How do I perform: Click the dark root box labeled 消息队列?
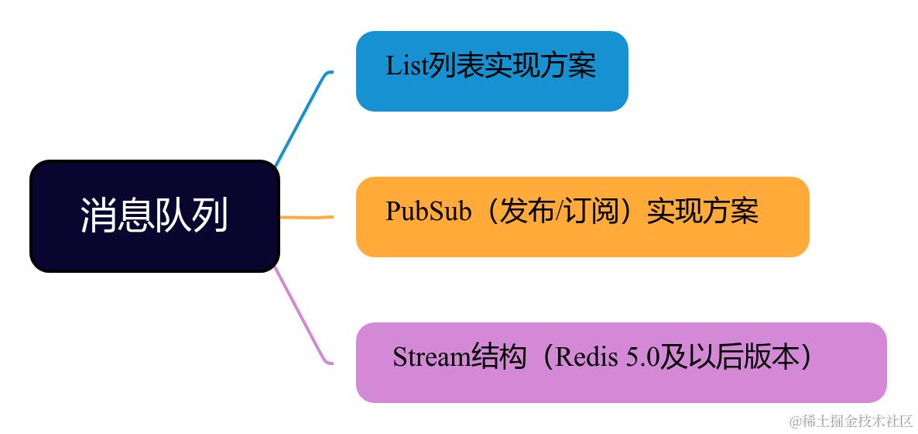(x=154, y=216)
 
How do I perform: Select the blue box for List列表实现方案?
(x=492, y=71)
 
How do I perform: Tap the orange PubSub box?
(x=582, y=217)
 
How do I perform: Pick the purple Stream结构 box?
(x=621, y=363)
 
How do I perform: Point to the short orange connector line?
(x=307, y=217)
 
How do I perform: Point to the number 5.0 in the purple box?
(x=642, y=357)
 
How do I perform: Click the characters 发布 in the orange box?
(x=528, y=211)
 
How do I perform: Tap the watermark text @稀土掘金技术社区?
(x=851, y=421)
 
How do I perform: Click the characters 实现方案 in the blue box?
(x=540, y=67)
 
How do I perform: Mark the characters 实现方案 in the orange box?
(x=702, y=211)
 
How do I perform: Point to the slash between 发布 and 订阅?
(x=560, y=211)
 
